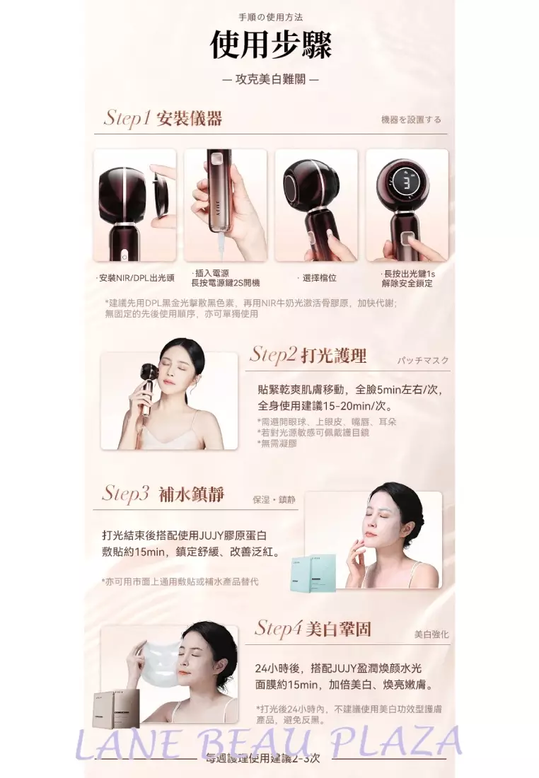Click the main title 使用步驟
(271, 45)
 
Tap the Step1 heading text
(163, 118)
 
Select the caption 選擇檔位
(318, 278)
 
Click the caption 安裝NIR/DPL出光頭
(136, 278)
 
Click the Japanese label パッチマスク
(422, 361)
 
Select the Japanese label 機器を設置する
(411, 120)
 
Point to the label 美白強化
(431, 634)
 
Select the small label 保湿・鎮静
(274, 499)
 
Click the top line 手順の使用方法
(272, 17)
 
